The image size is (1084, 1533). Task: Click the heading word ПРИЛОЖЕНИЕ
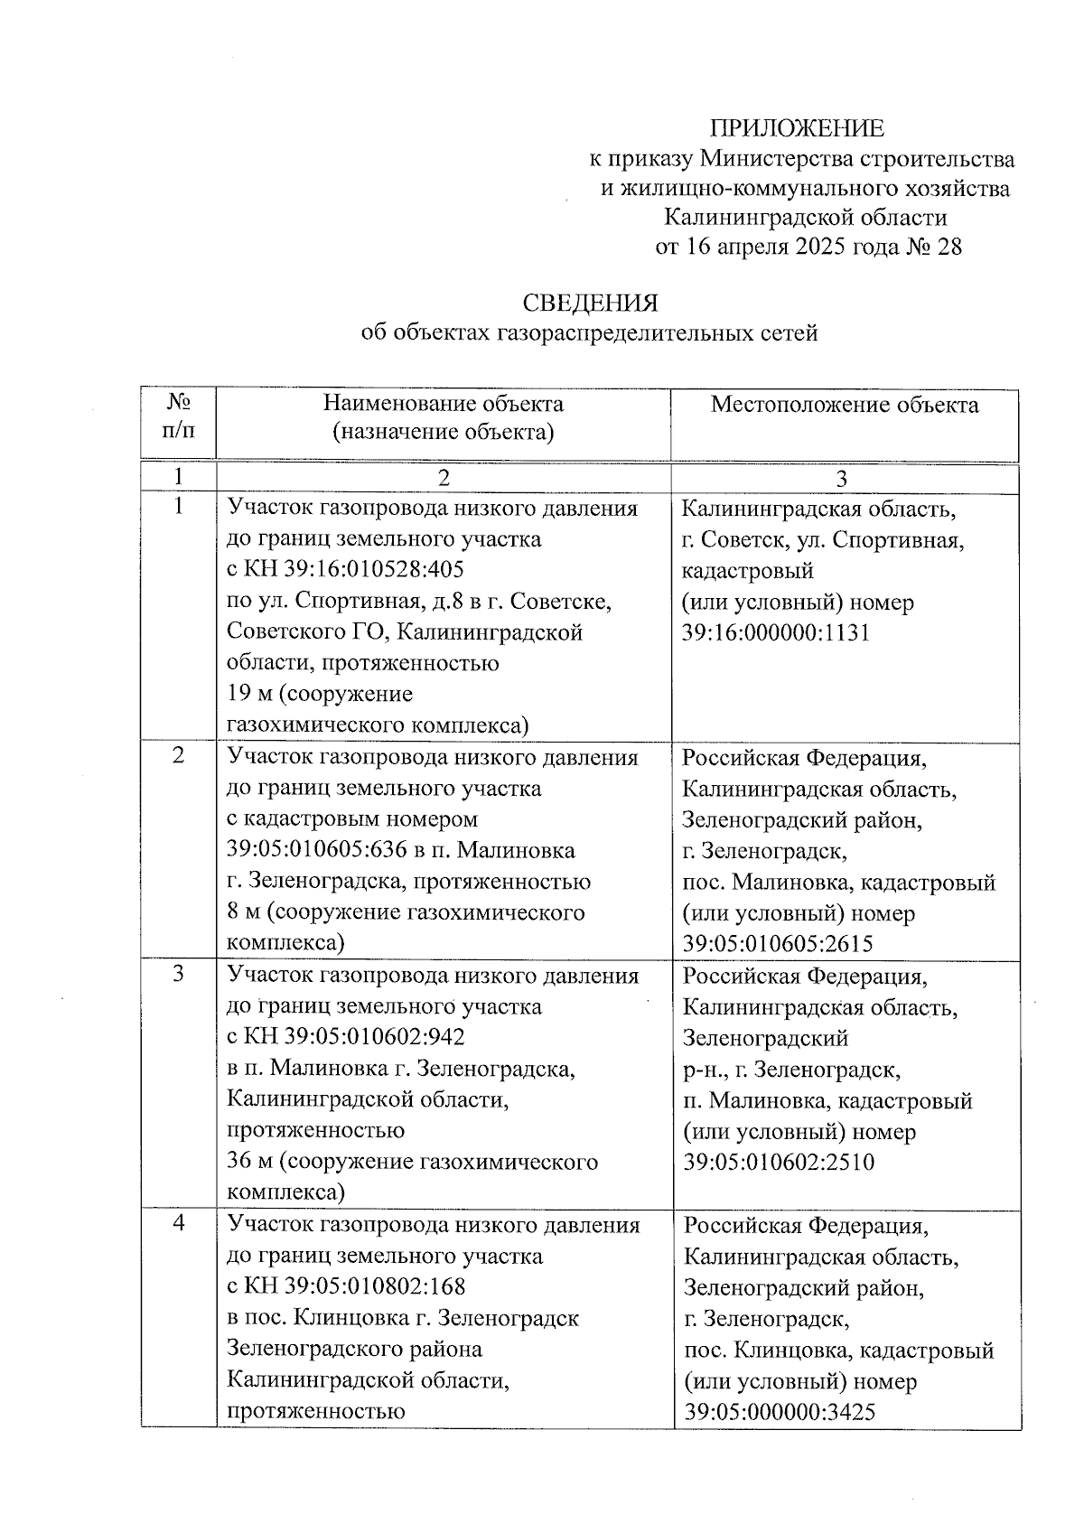[796, 128]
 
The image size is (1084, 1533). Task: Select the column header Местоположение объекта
[844, 405]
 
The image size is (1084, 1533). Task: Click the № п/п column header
[178, 416]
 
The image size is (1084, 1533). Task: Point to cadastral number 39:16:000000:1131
[775, 632]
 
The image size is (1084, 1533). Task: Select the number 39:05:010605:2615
[777, 944]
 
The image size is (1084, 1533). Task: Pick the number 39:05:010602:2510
[778, 1162]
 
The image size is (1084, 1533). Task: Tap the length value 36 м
[250, 1161]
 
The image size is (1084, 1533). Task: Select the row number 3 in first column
[178, 975]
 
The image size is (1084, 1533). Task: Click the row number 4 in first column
[179, 1224]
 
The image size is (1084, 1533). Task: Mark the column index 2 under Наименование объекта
[443, 477]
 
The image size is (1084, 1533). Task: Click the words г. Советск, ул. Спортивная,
[822, 540]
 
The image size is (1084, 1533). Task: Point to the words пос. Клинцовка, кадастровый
[838, 1351]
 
